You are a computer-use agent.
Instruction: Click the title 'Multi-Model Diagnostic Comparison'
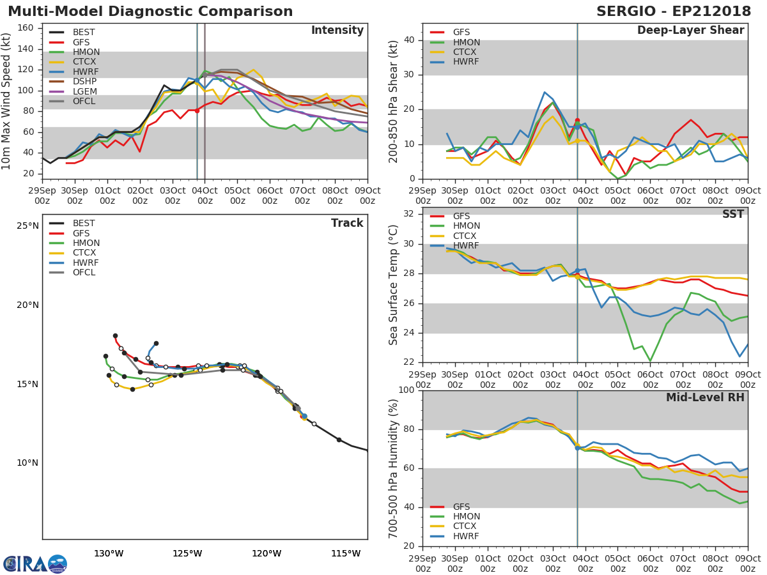point(150,11)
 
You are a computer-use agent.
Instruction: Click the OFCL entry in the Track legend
point(84,272)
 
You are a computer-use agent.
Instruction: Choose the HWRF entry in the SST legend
point(466,245)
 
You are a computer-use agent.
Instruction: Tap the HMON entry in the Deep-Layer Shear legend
point(466,42)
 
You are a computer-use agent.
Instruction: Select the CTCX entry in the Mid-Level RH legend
point(466,526)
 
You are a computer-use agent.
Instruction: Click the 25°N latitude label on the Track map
point(27,226)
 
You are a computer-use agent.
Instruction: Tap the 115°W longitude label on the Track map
point(346,553)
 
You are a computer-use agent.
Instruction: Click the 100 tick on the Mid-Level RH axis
point(408,390)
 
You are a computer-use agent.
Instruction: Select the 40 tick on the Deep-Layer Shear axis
point(412,40)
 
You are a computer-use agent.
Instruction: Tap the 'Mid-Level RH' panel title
point(705,397)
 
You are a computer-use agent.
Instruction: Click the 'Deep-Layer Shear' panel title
point(690,31)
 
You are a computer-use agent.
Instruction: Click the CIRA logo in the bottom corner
point(35,564)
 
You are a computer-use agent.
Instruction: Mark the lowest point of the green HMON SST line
point(650,361)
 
